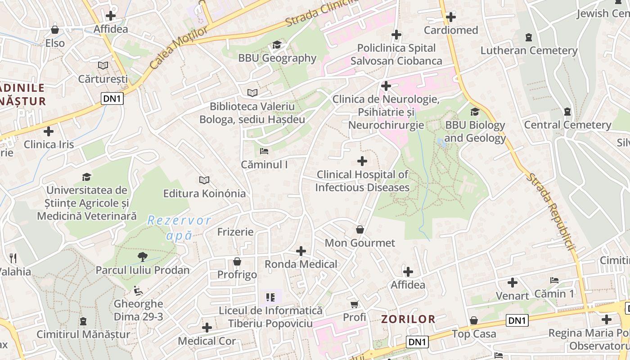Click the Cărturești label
[x=103, y=79]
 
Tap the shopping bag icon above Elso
[x=55, y=30]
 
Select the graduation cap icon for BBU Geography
[x=277, y=45]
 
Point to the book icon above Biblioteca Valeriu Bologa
[x=252, y=93]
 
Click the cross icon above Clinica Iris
[x=49, y=131]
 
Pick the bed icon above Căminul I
[x=264, y=151]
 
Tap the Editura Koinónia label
[x=204, y=193]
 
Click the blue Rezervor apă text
[x=179, y=228]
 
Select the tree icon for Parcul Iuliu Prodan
[x=143, y=256]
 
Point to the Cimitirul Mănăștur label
[x=83, y=334]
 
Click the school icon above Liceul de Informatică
[x=270, y=297]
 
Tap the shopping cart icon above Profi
[x=355, y=304]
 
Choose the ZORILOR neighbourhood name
[x=408, y=319]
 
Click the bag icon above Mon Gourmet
[x=360, y=229]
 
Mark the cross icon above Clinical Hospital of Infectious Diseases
[x=362, y=161]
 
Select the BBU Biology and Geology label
[x=475, y=131]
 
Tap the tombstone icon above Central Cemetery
[x=567, y=111]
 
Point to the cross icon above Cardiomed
[x=451, y=17]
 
